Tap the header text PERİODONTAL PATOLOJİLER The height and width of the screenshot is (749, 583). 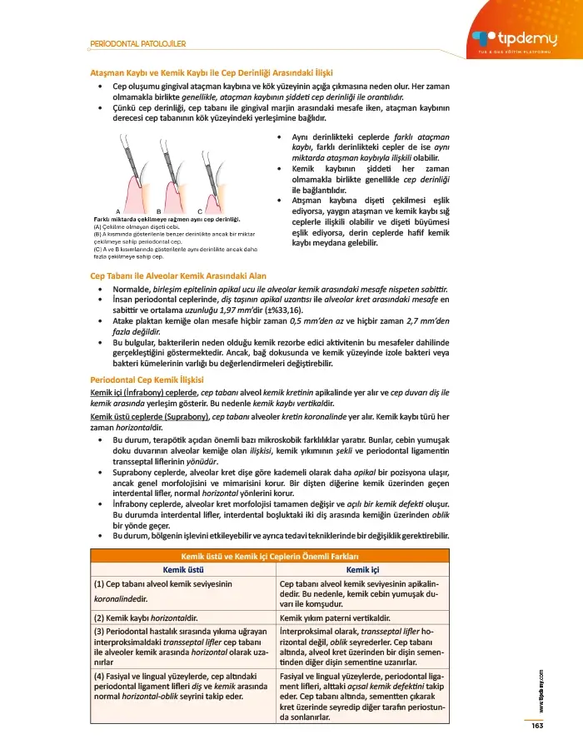tap(137, 43)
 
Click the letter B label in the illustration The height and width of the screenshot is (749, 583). tap(157, 211)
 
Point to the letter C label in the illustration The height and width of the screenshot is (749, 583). tap(200, 211)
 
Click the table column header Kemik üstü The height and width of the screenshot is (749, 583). tap(182, 569)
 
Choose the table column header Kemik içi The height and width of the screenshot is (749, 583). tap(362, 569)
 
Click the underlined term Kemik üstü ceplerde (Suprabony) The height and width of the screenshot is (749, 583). tap(149, 415)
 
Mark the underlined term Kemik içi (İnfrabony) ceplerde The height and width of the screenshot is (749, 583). tap(143, 391)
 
